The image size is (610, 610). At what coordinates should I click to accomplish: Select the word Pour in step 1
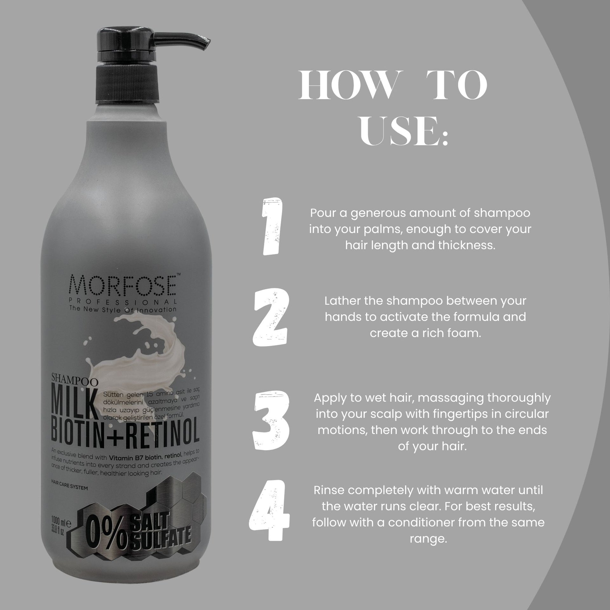pos(322,213)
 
